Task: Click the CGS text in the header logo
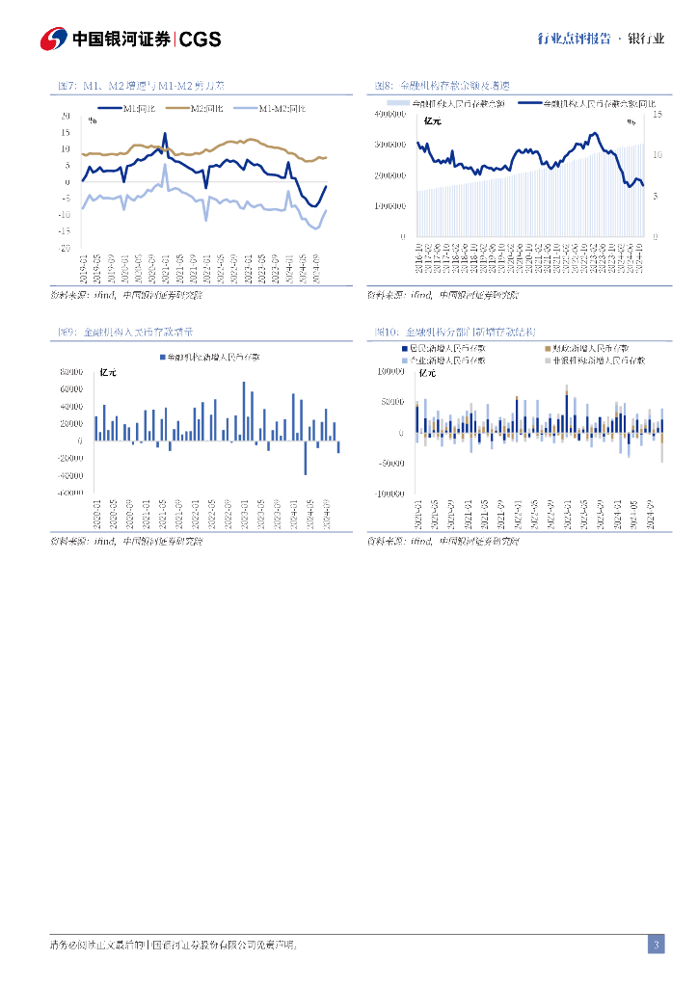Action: point(201,39)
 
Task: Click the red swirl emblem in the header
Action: point(52,39)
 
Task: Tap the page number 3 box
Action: point(656,945)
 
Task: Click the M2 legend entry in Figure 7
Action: point(205,108)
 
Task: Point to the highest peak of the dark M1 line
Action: point(165,134)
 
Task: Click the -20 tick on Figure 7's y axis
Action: point(66,248)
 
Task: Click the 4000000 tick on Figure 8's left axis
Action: point(390,115)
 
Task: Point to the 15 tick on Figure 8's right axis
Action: point(658,115)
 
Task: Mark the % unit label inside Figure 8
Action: point(631,122)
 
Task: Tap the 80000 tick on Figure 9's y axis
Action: point(70,372)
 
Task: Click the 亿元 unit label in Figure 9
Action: point(108,372)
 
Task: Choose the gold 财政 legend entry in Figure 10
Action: point(588,347)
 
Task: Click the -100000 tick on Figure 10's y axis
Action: point(390,493)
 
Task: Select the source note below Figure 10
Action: point(443,541)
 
